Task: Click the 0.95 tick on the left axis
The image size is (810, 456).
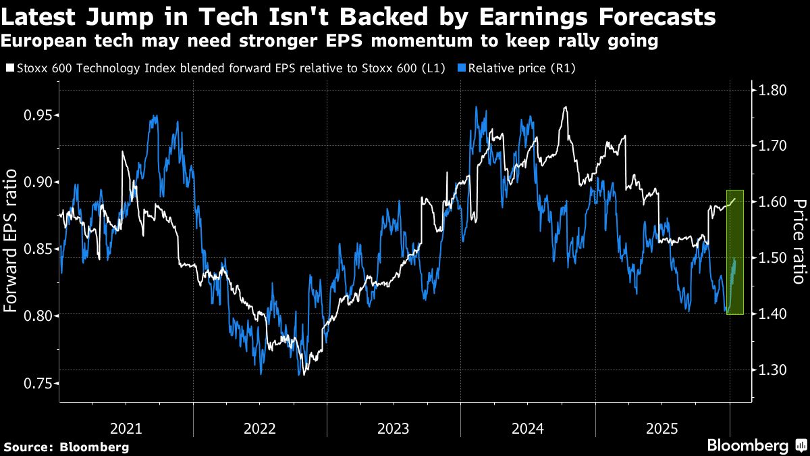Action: (38, 115)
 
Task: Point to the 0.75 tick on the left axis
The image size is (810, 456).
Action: (38, 383)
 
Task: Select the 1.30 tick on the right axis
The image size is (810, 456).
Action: (772, 370)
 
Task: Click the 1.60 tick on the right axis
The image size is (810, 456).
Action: (772, 202)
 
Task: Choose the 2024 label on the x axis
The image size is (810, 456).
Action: (528, 428)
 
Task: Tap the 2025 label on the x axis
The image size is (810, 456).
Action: (662, 428)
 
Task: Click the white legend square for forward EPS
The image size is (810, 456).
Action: (8, 68)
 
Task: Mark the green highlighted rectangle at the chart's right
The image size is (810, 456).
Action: (734, 252)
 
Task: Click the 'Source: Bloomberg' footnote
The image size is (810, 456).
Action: (66, 447)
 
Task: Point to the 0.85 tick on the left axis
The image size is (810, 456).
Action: (38, 249)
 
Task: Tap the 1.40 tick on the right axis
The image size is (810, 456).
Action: (772, 313)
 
